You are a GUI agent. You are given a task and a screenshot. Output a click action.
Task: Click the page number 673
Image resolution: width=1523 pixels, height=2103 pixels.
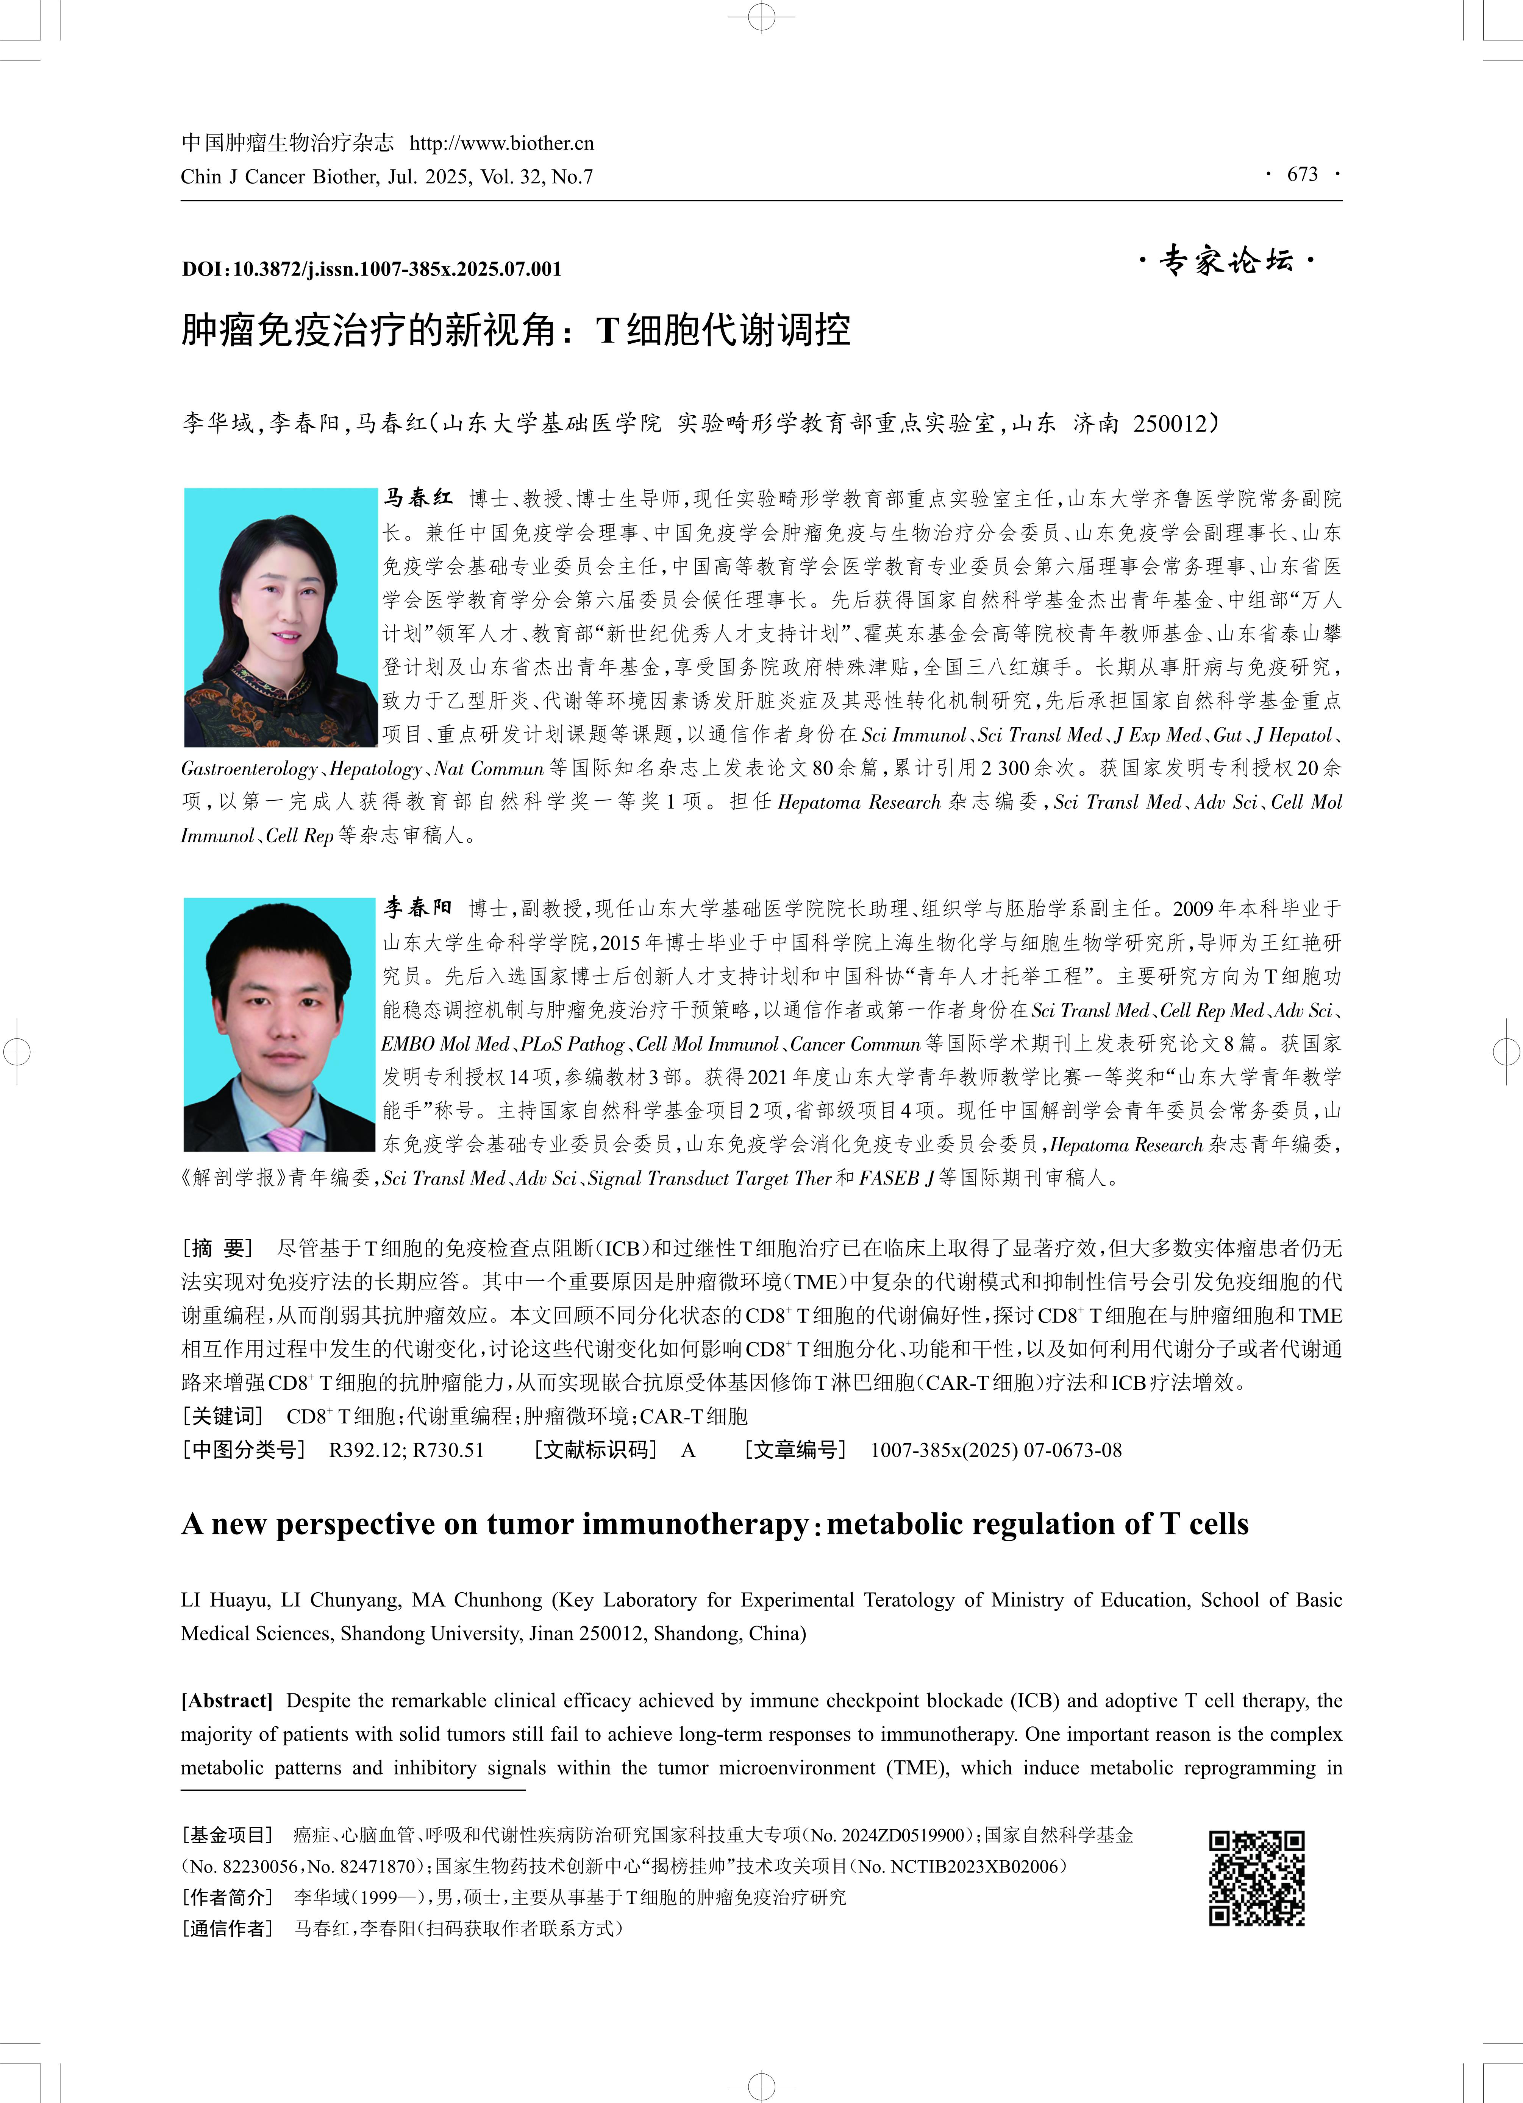coord(1302,174)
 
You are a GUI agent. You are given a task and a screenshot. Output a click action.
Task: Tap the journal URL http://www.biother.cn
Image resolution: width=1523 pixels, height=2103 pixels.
coord(501,144)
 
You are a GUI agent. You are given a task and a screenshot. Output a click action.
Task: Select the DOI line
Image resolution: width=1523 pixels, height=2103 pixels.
coord(371,269)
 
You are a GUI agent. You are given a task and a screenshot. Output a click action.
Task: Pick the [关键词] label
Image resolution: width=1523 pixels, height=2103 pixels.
coord(223,1416)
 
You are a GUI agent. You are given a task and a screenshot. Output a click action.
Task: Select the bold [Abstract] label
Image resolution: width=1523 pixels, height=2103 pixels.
coord(226,1701)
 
